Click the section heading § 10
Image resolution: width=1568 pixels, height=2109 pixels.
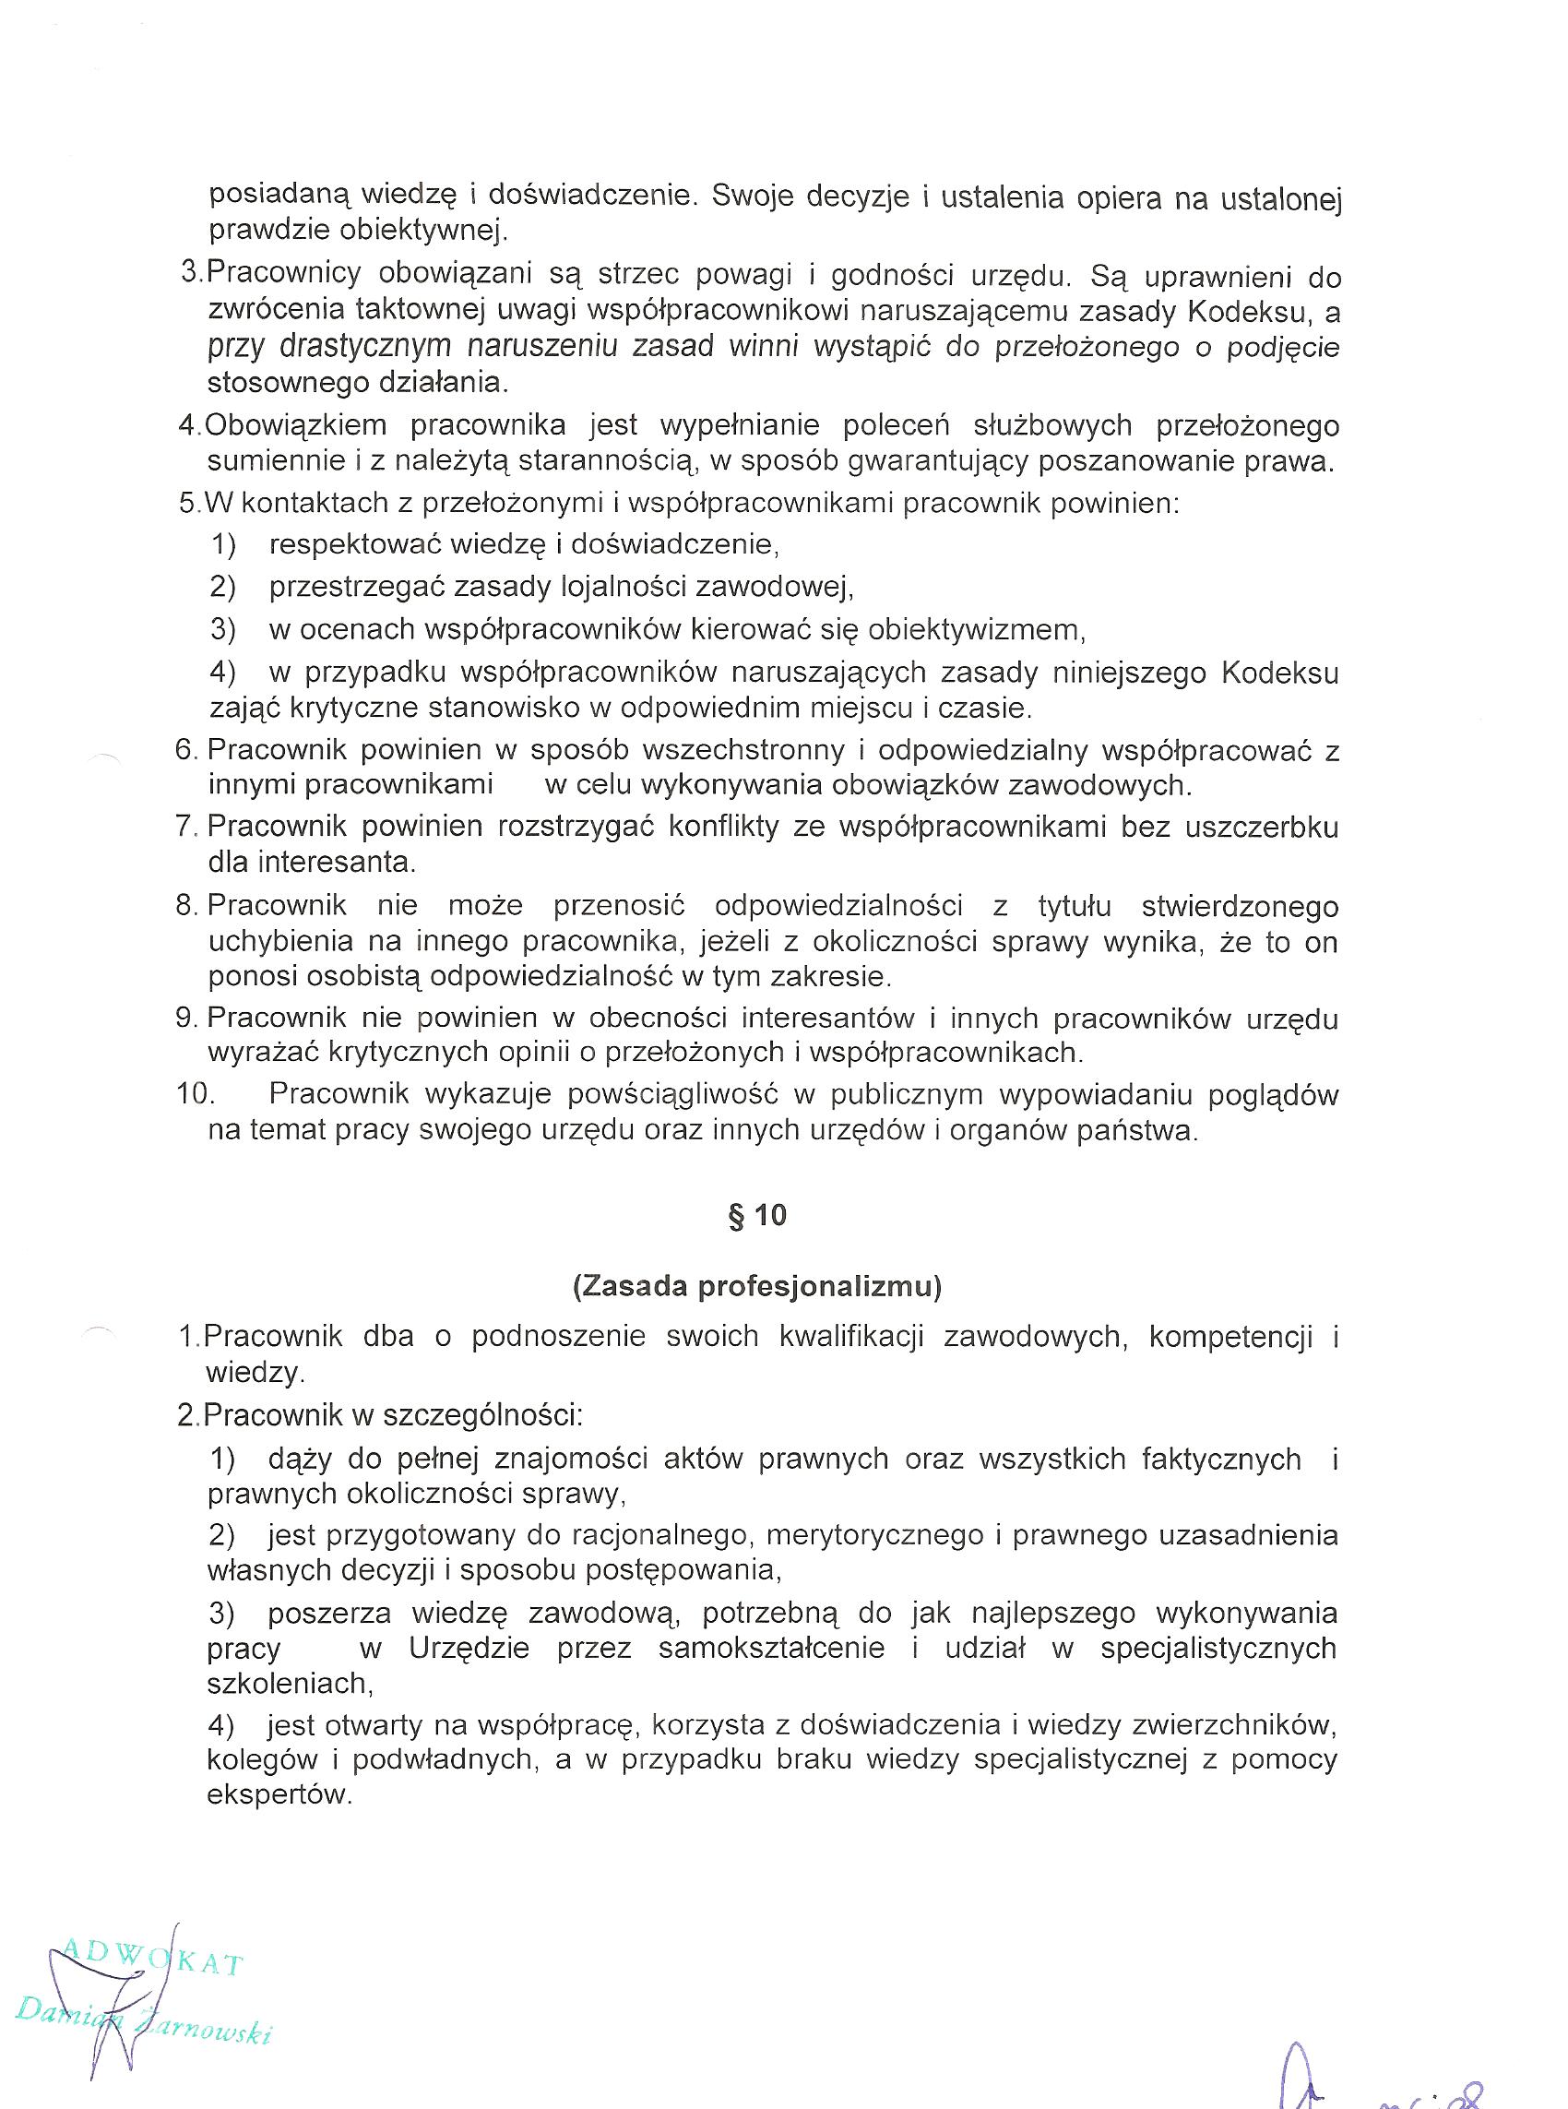click(x=756, y=1216)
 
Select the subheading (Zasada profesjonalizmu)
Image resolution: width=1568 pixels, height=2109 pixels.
click(x=756, y=1285)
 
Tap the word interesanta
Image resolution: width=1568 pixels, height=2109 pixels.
click(x=313, y=863)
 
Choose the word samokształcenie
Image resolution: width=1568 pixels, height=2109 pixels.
click(x=772, y=1647)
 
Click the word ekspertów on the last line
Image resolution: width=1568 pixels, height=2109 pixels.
click(x=280, y=1795)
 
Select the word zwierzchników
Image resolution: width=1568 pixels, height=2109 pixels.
click(x=1209, y=1723)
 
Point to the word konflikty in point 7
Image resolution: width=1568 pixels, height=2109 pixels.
click(x=728, y=827)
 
